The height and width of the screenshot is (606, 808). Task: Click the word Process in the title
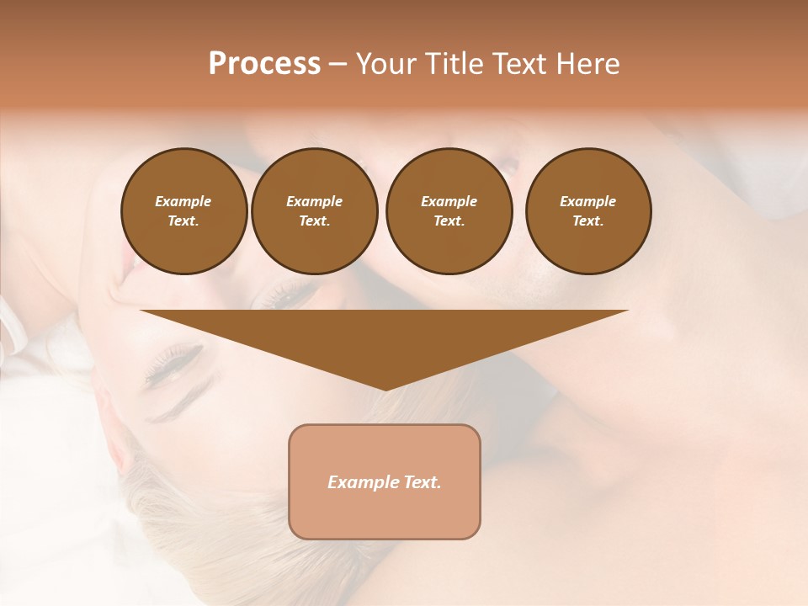pos(264,64)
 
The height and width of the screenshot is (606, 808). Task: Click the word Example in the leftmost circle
pos(183,201)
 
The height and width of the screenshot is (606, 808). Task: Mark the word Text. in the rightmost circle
pos(588,221)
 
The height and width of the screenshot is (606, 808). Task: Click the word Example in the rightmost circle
pos(588,201)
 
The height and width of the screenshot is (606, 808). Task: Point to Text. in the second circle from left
pos(315,221)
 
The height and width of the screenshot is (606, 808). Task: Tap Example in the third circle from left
pos(449,201)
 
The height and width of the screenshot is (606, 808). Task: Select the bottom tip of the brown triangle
pos(385,388)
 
